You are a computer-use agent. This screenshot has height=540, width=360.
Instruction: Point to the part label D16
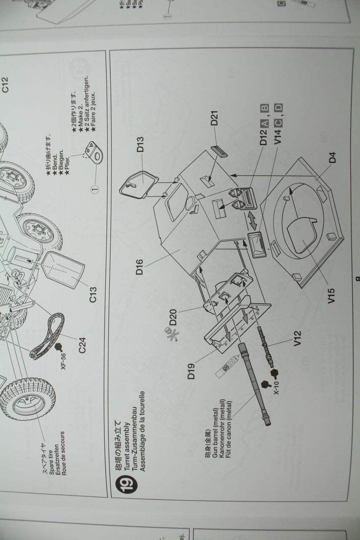pos(140,266)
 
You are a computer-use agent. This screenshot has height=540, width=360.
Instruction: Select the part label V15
pos(331,295)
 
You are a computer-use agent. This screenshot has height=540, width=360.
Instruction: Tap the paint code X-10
pos(276,389)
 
